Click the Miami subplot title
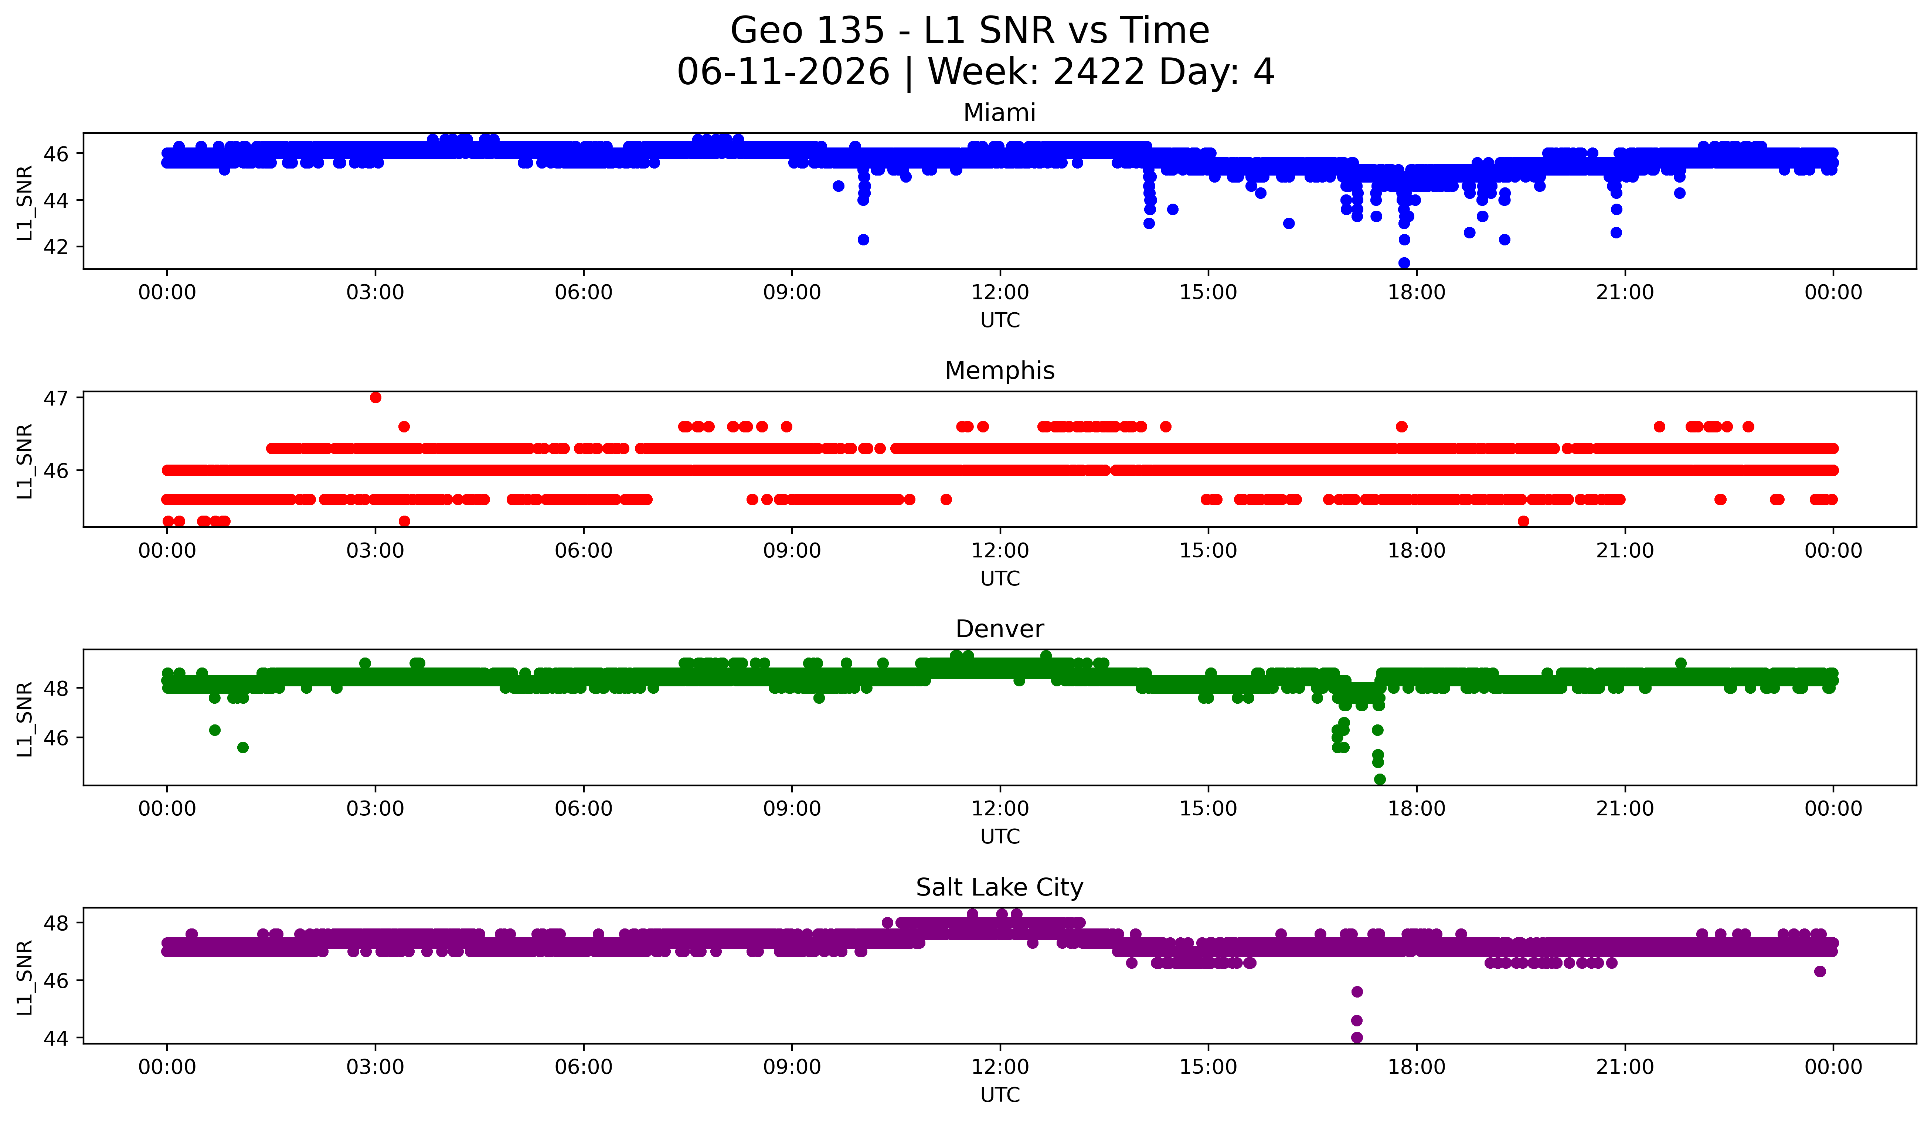pos(999,113)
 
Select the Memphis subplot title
pos(999,371)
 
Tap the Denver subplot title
pos(999,629)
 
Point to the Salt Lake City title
pos(999,887)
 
